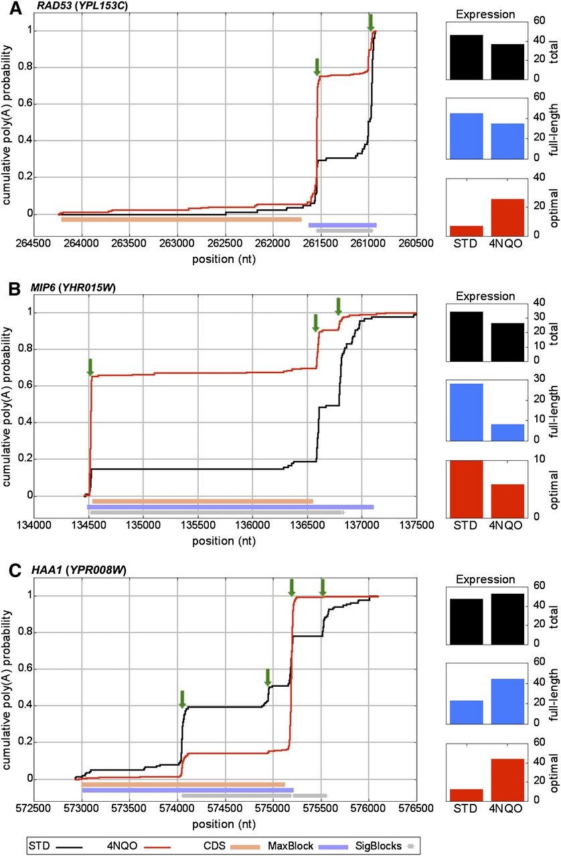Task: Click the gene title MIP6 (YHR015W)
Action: [x=78, y=289]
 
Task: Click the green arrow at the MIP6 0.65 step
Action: [x=90, y=366]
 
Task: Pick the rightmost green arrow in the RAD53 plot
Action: [x=371, y=22]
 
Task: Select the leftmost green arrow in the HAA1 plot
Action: [x=181, y=699]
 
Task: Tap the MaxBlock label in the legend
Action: [x=307, y=846]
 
